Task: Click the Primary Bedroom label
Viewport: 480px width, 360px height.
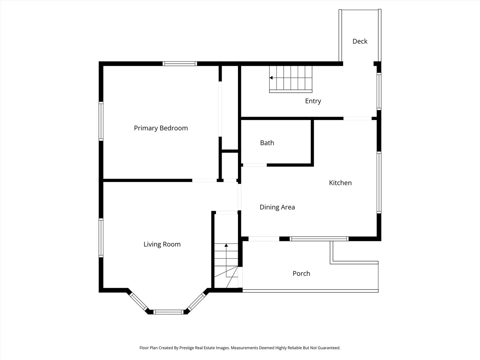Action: click(x=161, y=128)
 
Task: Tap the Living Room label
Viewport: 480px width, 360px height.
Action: click(x=162, y=244)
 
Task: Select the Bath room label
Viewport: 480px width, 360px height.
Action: click(x=267, y=143)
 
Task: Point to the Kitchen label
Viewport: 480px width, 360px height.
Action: click(x=340, y=183)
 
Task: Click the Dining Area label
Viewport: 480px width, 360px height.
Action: click(x=277, y=207)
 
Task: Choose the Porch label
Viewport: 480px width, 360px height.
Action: click(x=301, y=273)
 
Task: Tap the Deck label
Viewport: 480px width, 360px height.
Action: click(x=360, y=41)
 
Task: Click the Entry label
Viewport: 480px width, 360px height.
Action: click(x=313, y=101)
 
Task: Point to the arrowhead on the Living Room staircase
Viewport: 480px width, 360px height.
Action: click(x=226, y=245)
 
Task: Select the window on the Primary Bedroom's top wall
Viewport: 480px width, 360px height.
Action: click(x=180, y=64)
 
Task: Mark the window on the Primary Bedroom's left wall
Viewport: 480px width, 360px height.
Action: click(x=101, y=121)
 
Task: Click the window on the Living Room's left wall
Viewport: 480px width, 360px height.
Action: click(x=101, y=237)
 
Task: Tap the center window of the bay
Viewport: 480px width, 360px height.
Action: click(x=168, y=312)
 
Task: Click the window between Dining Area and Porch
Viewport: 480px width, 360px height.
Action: click(x=319, y=239)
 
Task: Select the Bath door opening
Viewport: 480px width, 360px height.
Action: click(x=254, y=165)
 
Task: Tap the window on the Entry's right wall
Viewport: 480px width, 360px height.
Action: click(x=379, y=91)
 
